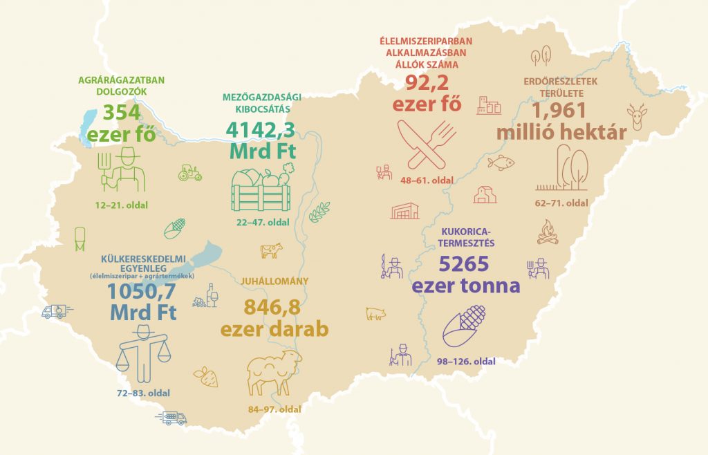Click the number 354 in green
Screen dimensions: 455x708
[122, 112]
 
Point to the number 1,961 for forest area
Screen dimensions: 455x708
[559, 110]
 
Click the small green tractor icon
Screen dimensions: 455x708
[189, 172]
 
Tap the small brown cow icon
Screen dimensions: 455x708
[271, 250]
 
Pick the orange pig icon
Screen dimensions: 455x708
[375, 314]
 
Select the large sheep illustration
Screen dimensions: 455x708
[274, 373]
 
